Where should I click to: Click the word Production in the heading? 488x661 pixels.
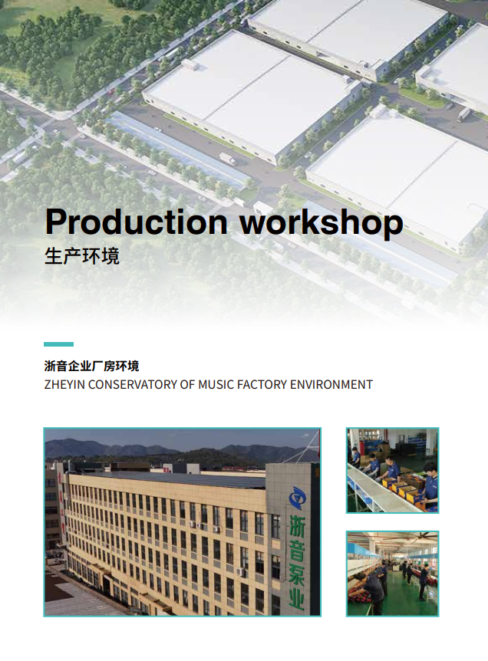coord(137,222)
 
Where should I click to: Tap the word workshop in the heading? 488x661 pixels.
coord(321,222)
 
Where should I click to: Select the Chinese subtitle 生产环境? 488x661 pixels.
coord(82,256)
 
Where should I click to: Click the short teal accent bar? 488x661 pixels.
coord(58,344)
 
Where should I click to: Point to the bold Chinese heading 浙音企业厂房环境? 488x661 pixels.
coord(91,366)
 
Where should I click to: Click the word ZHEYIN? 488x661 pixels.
coord(65,385)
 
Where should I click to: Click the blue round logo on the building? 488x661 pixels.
coord(298,498)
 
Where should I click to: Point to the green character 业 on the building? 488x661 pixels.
coord(296,599)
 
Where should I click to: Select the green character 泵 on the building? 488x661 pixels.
coord(296,574)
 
